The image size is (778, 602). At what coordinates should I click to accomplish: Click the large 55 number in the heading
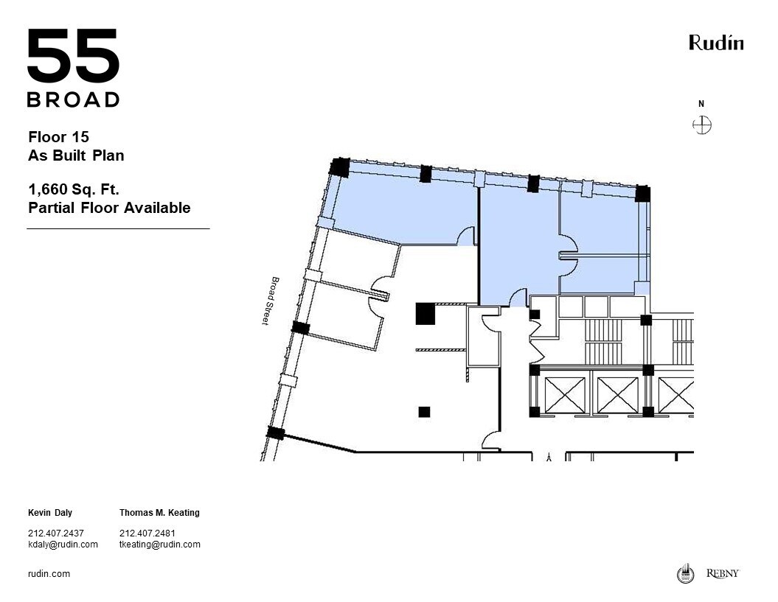73,57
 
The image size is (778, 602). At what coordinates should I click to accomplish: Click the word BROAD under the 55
73,99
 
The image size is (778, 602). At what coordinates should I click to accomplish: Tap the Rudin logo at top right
715,43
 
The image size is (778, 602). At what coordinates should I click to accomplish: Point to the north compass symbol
702,125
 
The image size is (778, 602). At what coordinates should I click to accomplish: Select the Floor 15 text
58,137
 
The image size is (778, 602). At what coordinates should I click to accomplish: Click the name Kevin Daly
50,513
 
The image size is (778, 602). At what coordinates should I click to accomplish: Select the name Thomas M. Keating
159,513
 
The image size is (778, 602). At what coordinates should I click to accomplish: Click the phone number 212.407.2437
56,533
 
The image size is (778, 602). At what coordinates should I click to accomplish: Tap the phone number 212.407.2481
147,533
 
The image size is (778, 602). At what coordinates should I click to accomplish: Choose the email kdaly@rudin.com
63,545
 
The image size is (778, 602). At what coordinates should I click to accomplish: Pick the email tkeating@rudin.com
159,545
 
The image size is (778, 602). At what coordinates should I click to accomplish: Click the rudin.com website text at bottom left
49,574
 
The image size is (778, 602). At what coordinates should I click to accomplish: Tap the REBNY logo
722,573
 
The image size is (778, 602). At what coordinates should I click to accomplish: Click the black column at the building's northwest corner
339,167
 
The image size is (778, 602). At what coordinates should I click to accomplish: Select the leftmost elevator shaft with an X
563,395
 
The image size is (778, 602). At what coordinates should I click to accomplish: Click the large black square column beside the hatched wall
425,314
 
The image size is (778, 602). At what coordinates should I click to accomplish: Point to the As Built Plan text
76,155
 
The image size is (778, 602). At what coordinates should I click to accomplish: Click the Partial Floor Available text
109,208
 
